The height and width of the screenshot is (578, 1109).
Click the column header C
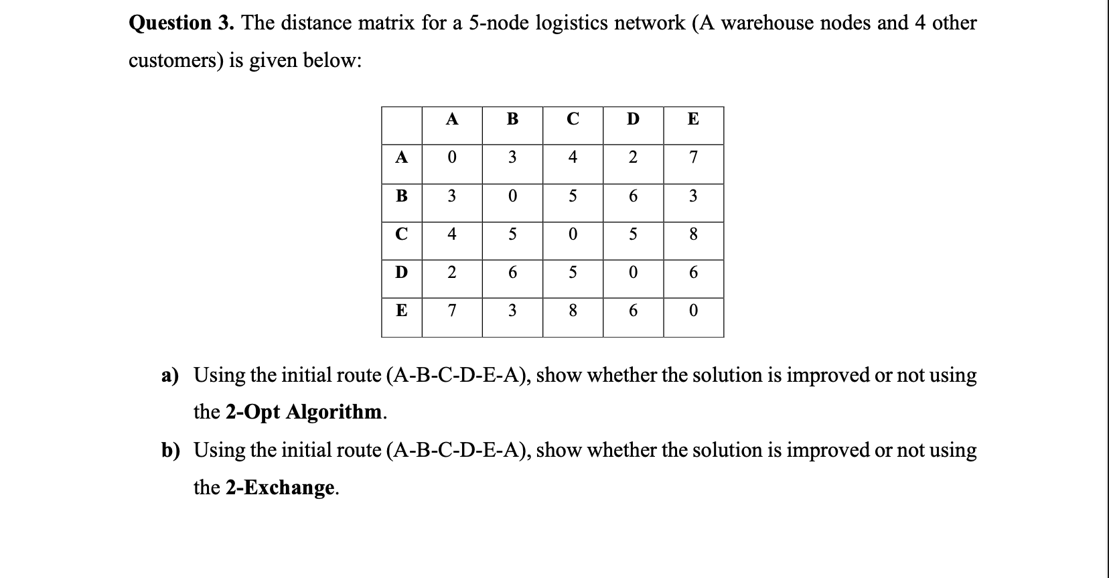point(573,119)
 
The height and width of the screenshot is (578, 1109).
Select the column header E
point(693,119)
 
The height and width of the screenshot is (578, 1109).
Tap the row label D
point(401,273)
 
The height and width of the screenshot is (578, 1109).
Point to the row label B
point(401,196)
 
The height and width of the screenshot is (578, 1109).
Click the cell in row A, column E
point(693,157)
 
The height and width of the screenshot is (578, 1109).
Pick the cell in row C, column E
point(693,234)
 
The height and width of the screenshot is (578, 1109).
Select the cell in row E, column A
point(452,311)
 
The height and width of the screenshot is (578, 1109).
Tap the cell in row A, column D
point(633,157)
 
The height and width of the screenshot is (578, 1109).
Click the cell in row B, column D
point(633,196)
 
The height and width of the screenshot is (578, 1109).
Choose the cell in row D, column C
point(573,273)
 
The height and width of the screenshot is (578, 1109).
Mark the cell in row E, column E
point(693,311)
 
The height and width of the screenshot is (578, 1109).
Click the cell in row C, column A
point(452,234)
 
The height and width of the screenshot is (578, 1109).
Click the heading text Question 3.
point(181,23)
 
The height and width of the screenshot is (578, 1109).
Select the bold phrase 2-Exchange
point(281,487)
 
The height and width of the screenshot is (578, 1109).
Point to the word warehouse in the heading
point(767,23)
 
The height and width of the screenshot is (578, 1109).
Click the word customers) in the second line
point(175,61)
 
